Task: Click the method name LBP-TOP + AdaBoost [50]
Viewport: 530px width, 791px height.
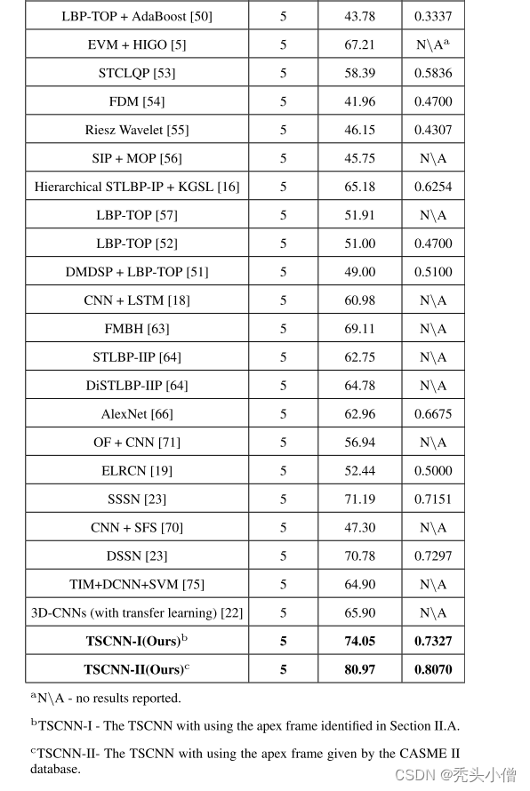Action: click(137, 16)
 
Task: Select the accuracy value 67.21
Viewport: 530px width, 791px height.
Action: click(359, 44)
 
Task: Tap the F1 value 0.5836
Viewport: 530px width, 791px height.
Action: click(433, 73)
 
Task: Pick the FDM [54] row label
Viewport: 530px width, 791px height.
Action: click(137, 101)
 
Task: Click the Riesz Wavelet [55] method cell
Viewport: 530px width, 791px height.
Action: click(137, 130)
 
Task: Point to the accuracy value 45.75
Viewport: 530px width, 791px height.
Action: click(359, 158)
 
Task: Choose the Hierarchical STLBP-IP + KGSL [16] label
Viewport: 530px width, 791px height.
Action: click(137, 187)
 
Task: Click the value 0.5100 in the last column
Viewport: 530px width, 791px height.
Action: click(433, 272)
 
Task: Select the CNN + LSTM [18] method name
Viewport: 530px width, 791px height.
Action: click(137, 300)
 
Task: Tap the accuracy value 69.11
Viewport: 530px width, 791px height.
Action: click(359, 329)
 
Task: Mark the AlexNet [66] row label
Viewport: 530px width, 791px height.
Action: click(137, 414)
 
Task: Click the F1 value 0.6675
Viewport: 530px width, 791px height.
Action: click(433, 414)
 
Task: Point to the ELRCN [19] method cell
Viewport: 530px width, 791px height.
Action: click(137, 471)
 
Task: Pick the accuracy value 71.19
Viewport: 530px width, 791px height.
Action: click(359, 499)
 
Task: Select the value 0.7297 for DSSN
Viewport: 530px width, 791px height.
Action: click(433, 556)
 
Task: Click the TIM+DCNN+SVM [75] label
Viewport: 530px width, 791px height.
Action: click(137, 585)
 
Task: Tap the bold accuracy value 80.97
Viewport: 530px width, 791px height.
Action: click(359, 669)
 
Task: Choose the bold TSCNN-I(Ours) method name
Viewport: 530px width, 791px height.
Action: click(137, 641)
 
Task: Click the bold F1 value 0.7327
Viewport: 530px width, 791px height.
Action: click(433, 641)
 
